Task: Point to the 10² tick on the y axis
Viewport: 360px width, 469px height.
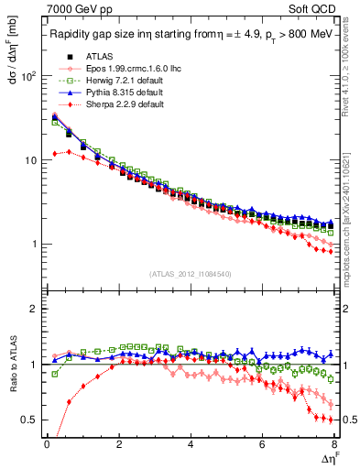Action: pos(29,76)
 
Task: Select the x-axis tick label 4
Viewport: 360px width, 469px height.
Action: pos(191,446)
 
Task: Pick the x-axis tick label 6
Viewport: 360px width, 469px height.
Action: pos(262,446)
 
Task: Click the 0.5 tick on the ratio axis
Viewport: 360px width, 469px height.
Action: pos(30,420)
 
